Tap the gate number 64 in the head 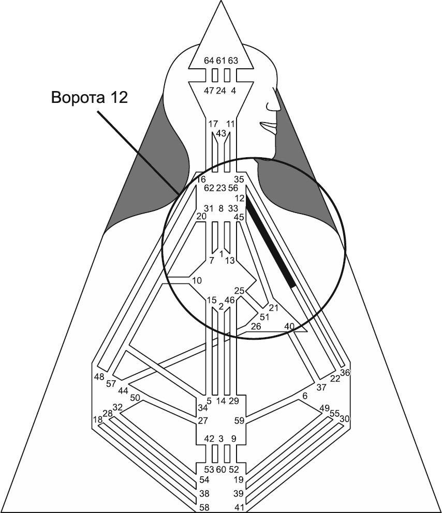(x=209, y=61)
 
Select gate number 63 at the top (x=233, y=61)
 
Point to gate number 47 (x=209, y=90)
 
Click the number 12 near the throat (x=239, y=198)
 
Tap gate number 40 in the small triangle (x=289, y=326)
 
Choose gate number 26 (x=256, y=326)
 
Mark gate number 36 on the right (x=345, y=373)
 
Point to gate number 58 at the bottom (x=204, y=506)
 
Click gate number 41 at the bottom (x=239, y=506)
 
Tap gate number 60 (x=221, y=470)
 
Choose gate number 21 (x=274, y=308)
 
